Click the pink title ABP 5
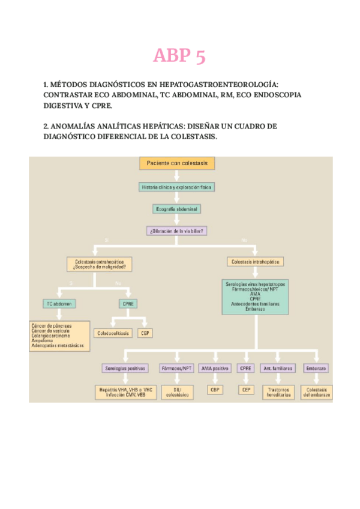pyautogui.click(x=179, y=56)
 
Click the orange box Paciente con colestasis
pyautogui.click(x=177, y=163)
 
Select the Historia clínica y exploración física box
pyautogui.click(x=176, y=187)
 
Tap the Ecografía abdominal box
pyautogui.click(x=176, y=209)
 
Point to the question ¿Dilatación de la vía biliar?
pyautogui.click(x=176, y=230)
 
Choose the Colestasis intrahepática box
pyautogui.click(x=256, y=262)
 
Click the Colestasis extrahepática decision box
pyautogui.click(x=100, y=264)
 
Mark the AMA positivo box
pyautogui.click(x=215, y=368)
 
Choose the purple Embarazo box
pyautogui.click(x=316, y=368)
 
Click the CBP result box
pyautogui.click(x=215, y=390)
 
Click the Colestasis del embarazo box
pyautogui.click(x=316, y=393)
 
